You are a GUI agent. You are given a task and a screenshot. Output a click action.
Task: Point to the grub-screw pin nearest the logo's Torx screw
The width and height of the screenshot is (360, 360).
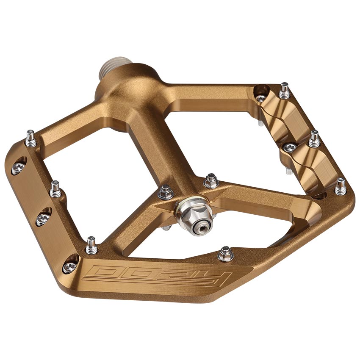91,244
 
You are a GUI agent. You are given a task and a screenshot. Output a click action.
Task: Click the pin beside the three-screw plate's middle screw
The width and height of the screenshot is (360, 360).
55,189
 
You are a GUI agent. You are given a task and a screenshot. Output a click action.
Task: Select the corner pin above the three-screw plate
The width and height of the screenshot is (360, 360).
30,137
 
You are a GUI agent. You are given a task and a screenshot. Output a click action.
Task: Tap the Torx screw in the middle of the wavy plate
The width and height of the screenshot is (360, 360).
290,147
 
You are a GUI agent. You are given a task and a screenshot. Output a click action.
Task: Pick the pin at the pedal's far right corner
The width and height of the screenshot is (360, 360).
340,186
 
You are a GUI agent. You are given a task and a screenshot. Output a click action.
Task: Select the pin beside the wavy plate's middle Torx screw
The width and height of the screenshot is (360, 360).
314,138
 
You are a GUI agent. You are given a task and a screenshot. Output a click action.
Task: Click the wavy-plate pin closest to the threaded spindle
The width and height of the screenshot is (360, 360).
285,90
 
